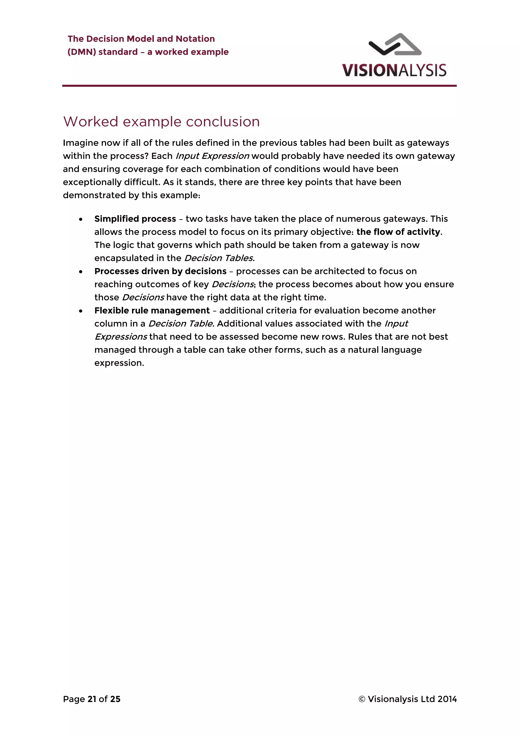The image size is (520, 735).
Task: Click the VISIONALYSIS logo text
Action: tap(394, 70)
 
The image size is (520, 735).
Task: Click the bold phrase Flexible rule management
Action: tap(152, 310)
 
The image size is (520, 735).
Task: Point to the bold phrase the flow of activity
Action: tap(398, 232)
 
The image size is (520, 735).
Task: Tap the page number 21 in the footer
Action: tap(92, 699)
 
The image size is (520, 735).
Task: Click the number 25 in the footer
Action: tap(115, 699)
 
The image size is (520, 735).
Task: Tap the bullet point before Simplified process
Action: tap(81, 219)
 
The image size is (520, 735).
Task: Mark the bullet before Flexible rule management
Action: tap(81, 311)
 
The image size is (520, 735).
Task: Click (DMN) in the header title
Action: tap(82, 52)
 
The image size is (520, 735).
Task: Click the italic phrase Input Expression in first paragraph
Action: tap(212, 156)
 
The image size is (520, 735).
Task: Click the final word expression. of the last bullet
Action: tap(119, 363)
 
